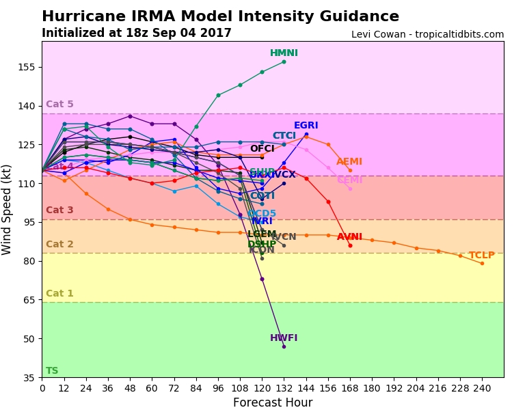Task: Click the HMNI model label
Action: [284, 53]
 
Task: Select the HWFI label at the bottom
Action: [284, 338]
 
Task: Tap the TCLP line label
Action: [481, 256]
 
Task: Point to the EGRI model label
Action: [306, 126]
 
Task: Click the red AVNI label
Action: [349, 237]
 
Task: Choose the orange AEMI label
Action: [349, 162]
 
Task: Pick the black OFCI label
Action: [262, 149]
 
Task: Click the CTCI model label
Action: [284, 136]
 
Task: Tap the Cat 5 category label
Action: [59, 105]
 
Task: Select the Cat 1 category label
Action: [59, 294]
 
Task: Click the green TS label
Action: [52, 371]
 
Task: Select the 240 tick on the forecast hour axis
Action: [482, 387]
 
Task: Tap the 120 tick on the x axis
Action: [262, 387]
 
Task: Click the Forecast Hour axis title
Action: [273, 402]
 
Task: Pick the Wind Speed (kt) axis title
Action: [8, 209]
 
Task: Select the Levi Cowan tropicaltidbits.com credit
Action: [427, 34]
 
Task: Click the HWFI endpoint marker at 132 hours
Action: [284, 346]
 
